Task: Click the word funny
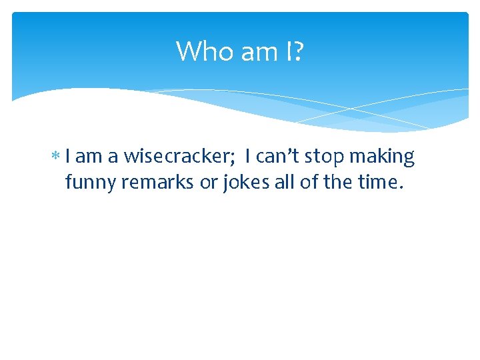(x=91, y=182)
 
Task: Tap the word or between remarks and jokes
(x=208, y=182)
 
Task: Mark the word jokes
(x=243, y=181)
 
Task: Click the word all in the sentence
(x=282, y=181)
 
